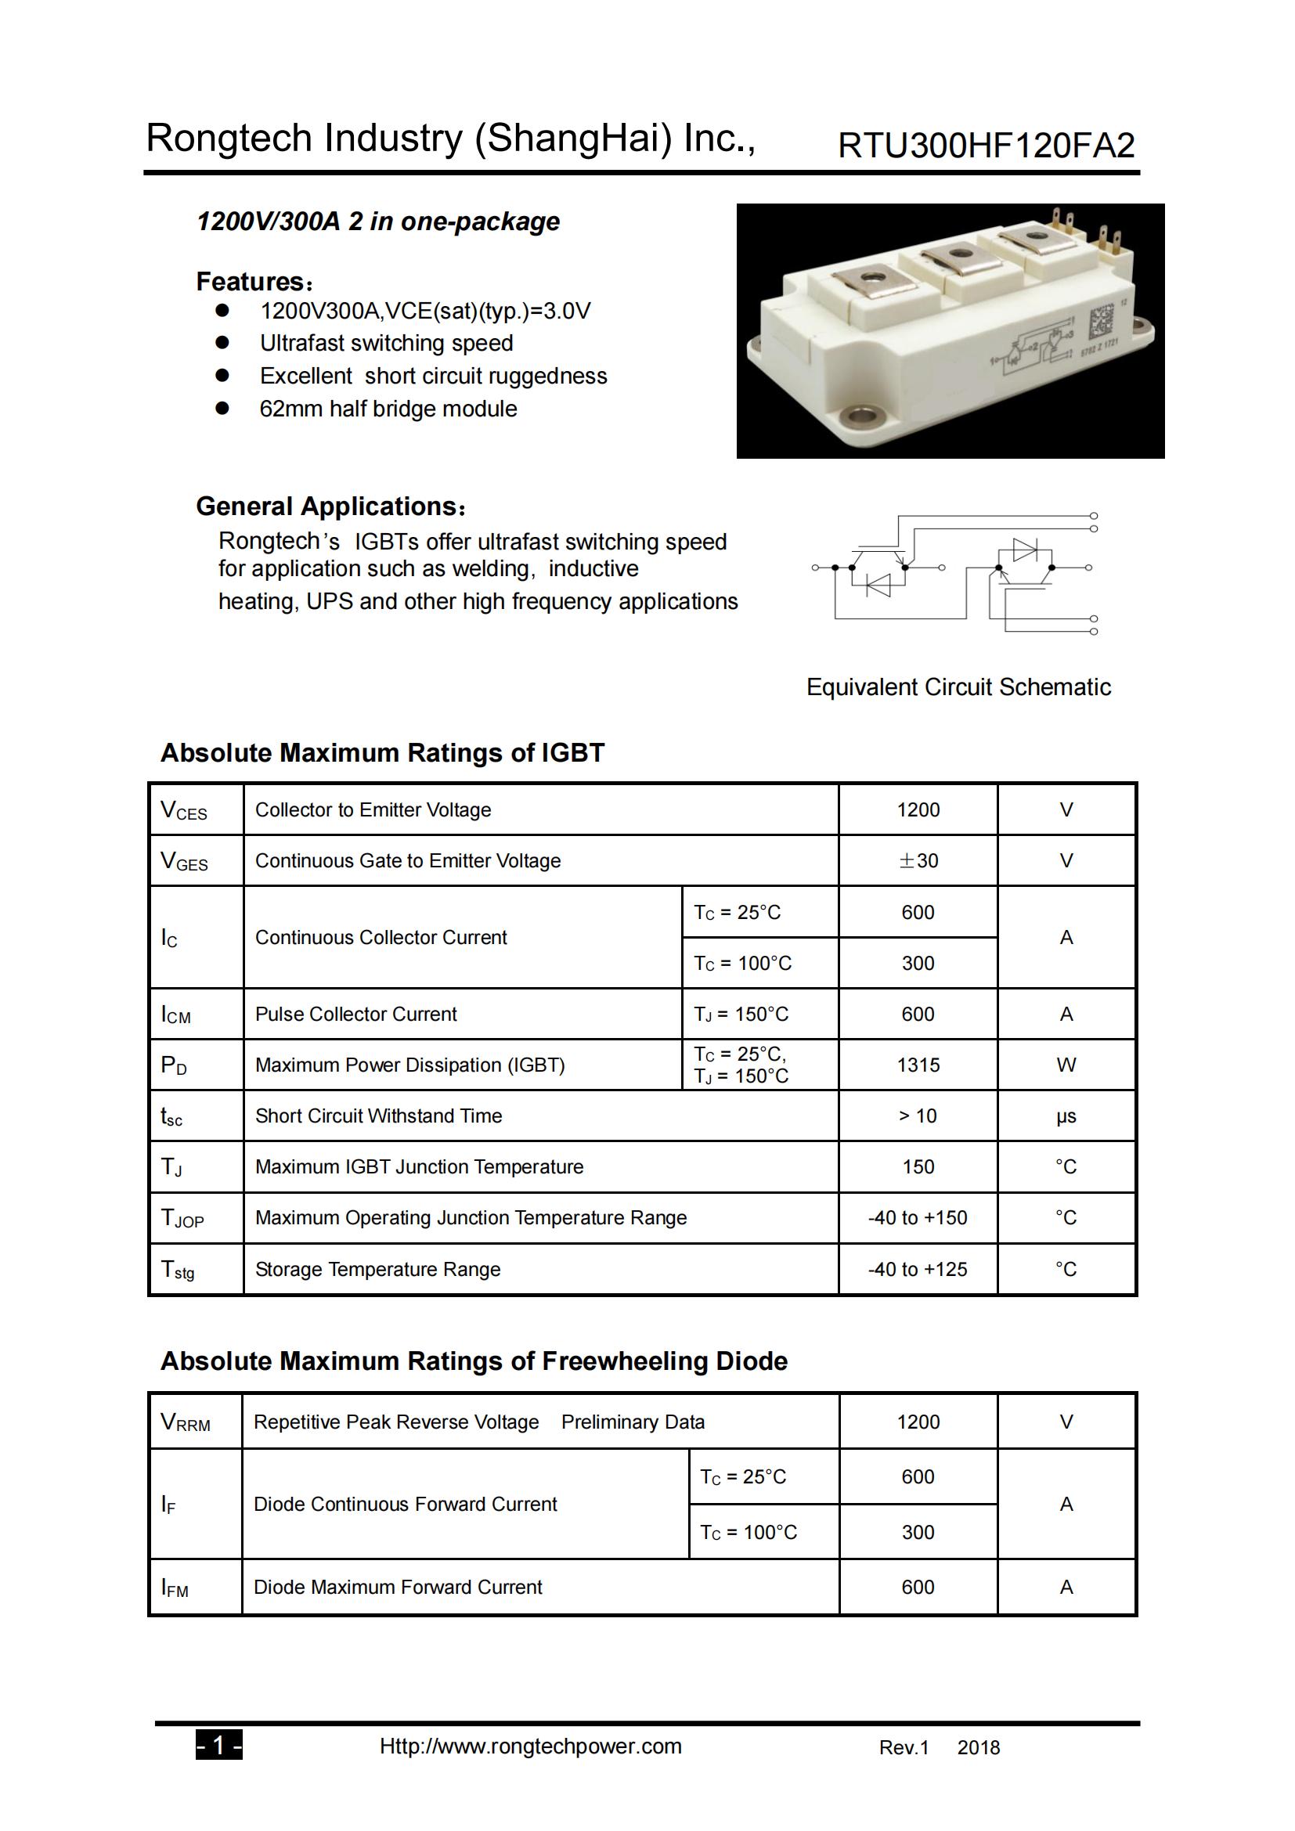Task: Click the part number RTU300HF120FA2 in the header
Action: [986, 146]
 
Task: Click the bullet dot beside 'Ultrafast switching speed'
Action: [222, 343]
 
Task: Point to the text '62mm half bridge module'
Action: [388, 409]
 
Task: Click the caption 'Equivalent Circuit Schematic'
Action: [958, 687]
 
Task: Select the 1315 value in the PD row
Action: [918, 1065]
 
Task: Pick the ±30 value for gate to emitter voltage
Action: [918, 860]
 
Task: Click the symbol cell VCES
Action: [184, 810]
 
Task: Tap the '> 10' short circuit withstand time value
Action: [918, 1116]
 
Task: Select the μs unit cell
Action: [1066, 1116]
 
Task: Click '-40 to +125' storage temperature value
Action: [918, 1270]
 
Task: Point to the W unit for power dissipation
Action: [1066, 1065]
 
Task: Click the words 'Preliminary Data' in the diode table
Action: [633, 1422]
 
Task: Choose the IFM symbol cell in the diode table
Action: [175, 1588]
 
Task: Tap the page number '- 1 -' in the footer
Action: [218, 1746]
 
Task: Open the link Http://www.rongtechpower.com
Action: [530, 1746]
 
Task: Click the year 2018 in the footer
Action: [979, 1748]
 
